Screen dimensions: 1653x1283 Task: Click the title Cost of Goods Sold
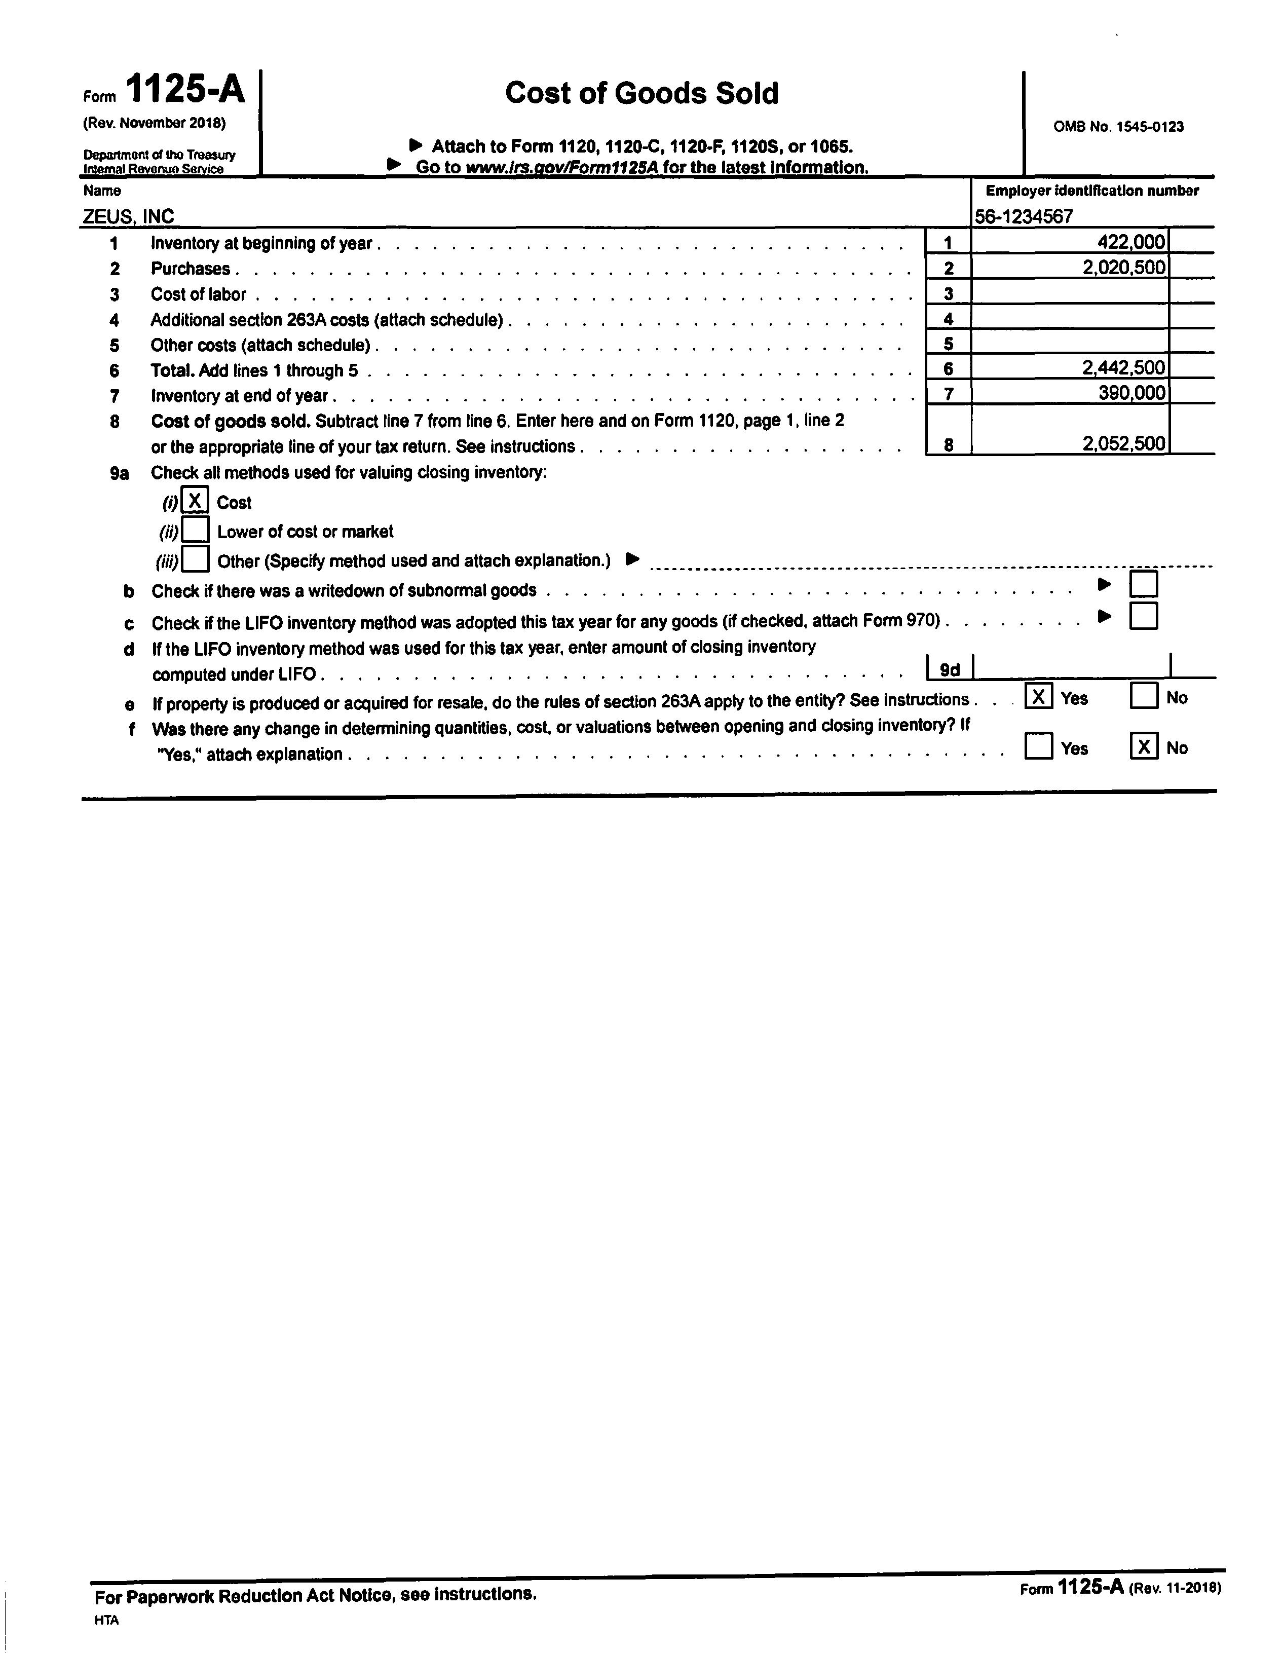tap(641, 93)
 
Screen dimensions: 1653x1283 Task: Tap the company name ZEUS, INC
tap(129, 216)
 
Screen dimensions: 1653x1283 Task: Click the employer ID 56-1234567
tap(1024, 216)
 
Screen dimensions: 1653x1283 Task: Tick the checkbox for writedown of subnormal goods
tap(1143, 584)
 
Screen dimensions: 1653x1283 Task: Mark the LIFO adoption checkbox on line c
tap(1143, 616)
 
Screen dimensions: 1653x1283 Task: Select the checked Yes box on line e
tap(1039, 696)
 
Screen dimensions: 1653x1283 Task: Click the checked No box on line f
tap(1144, 747)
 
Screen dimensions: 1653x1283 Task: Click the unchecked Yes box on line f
tap(1039, 747)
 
